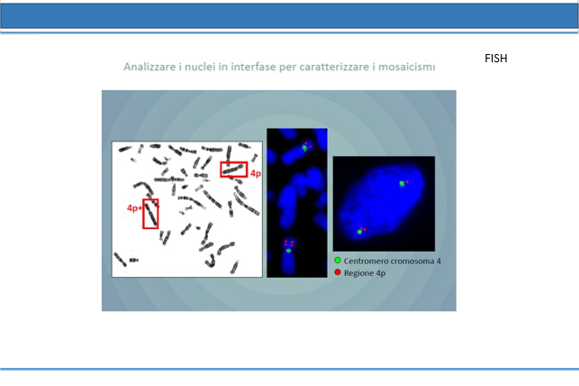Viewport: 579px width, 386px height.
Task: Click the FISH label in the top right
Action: [x=496, y=59]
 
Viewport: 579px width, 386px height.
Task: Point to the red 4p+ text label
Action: [x=134, y=208]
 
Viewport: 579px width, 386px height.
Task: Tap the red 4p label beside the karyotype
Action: [x=256, y=173]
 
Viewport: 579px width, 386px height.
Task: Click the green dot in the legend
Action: [x=337, y=261]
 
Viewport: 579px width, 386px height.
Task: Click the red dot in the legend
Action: [x=337, y=272]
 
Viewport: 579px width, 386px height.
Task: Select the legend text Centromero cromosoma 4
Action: [x=393, y=261]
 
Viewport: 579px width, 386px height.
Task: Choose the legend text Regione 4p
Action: [x=365, y=273]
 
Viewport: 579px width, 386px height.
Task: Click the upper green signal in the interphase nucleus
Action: [x=402, y=183]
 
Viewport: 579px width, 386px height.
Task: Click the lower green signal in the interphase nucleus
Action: [x=359, y=232]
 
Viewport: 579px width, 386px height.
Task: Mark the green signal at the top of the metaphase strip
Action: [x=304, y=148]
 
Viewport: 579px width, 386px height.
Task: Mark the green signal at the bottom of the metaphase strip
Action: [x=288, y=251]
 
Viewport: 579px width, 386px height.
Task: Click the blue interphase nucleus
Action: [x=382, y=203]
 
